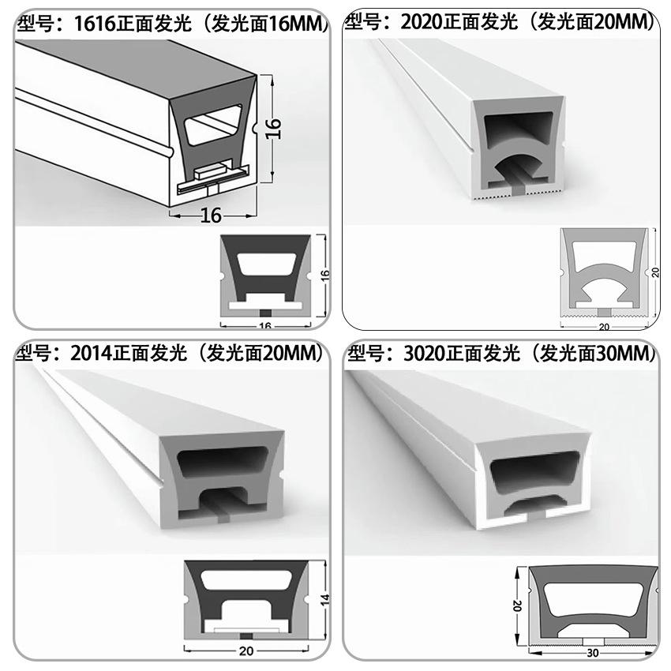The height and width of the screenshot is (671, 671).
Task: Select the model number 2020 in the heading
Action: point(422,23)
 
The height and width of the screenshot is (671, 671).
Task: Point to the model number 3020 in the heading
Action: point(423,353)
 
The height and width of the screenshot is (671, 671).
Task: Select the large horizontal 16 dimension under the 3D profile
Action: point(211,214)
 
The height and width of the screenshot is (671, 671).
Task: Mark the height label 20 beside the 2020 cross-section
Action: point(654,272)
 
